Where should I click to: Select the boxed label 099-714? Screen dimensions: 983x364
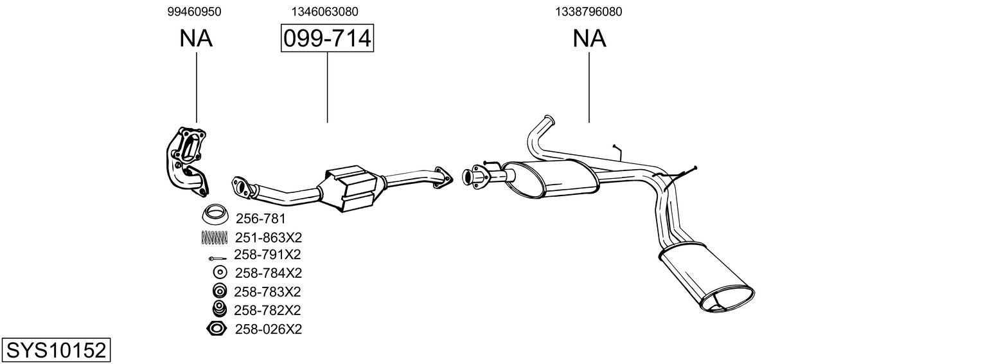(327, 39)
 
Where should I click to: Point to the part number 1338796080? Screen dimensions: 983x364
(589, 11)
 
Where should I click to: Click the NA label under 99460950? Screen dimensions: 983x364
(196, 39)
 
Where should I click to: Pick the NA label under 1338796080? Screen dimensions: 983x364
(589, 39)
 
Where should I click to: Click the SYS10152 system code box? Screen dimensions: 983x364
(56, 350)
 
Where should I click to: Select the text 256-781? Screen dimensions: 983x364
(260, 219)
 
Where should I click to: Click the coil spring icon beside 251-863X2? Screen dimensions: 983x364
(215, 237)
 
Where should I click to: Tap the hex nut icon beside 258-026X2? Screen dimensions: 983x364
(217, 329)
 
